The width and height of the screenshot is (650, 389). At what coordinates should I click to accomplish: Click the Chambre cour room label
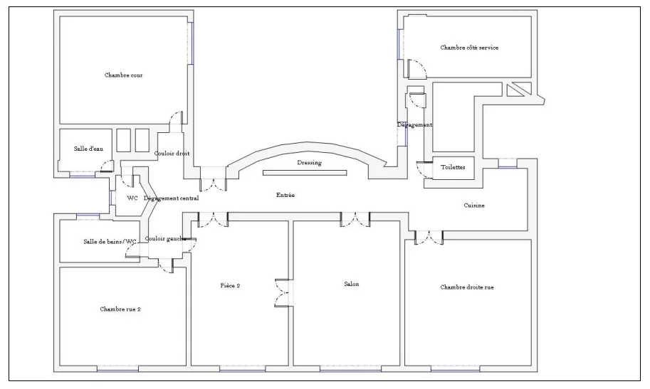[x=124, y=75]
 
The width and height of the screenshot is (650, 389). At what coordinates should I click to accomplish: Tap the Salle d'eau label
[x=88, y=149]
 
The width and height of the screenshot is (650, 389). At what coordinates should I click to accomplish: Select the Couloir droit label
[x=172, y=154]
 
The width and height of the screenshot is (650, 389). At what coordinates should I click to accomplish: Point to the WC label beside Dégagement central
[x=132, y=198]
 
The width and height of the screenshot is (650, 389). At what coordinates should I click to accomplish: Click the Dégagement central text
[x=171, y=198]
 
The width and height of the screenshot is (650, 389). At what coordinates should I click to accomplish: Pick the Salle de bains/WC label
[x=110, y=242]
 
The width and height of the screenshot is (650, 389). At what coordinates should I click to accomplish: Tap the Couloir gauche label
[x=165, y=239]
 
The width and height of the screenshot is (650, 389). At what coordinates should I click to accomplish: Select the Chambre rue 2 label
[x=120, y=309]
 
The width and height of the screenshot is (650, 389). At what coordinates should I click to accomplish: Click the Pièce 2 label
[x=230, y=285]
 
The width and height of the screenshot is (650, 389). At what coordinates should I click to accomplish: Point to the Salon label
[x=352, y=284]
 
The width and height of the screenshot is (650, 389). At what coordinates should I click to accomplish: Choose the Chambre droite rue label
[x=467, y=287]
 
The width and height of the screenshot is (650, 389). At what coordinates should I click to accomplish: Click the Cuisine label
[x=474, y=205]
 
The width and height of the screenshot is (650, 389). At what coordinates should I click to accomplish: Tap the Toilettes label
[x=453, y=167]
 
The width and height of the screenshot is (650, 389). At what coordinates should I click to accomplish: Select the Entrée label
[x=285, y=195]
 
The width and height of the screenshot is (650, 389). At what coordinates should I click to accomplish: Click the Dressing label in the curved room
[x=309, y=162]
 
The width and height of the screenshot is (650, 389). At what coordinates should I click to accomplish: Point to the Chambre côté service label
[x=469, y=48]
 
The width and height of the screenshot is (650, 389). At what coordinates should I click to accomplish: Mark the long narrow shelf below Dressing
[x=305, y=173]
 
